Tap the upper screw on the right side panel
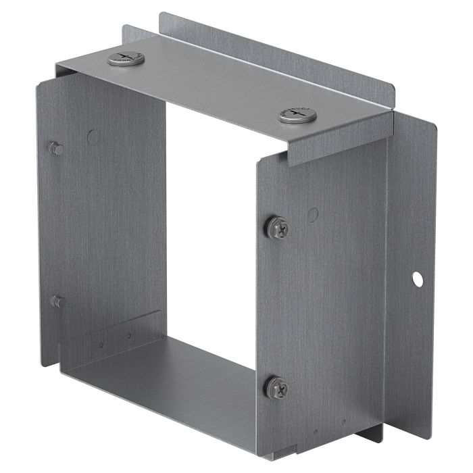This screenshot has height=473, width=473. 277,228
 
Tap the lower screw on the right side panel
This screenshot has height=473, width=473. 276,387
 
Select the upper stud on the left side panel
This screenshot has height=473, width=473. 57,148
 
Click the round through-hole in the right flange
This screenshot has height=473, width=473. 418,277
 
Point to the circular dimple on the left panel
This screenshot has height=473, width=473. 93,136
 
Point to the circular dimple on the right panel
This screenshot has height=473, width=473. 312,215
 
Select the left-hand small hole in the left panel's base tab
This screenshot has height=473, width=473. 101,345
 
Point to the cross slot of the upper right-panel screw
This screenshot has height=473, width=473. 278,228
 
